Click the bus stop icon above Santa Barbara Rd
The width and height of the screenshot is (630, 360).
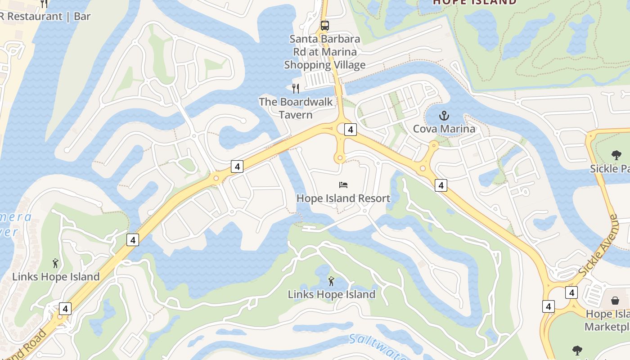click(x=324, y=26)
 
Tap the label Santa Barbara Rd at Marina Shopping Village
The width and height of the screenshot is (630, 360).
click(x=324, y=52)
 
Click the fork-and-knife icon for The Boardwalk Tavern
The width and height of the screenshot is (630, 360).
click(x=296, y=89)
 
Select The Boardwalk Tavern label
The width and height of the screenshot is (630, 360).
click(x=296, y=108)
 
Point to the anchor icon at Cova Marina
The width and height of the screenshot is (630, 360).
click(x=444, y=116)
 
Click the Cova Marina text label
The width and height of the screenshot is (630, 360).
click(x=444, y=129)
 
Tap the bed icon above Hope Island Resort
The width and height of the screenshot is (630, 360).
click(x=343, y=184)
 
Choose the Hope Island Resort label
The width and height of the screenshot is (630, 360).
click(x=343, y=198)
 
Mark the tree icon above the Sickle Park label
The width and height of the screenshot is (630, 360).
click(x=616, y=155)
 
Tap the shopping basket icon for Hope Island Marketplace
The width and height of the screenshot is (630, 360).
click(x=615, y=300)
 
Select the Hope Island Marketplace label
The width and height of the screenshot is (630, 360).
click(x=607, y=320)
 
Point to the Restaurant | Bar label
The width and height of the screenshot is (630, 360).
click(x=45, y=17)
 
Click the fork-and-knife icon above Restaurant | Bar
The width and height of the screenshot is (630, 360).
click(x=44, y=4)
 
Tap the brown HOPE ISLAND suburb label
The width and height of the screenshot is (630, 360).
click(x=475, y=2)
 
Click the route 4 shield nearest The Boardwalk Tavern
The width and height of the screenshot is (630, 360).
click(x=351, y=130)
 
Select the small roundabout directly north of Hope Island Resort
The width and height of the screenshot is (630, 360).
click(x=339, y=158)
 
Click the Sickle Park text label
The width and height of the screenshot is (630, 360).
click(x=610, y=169)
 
